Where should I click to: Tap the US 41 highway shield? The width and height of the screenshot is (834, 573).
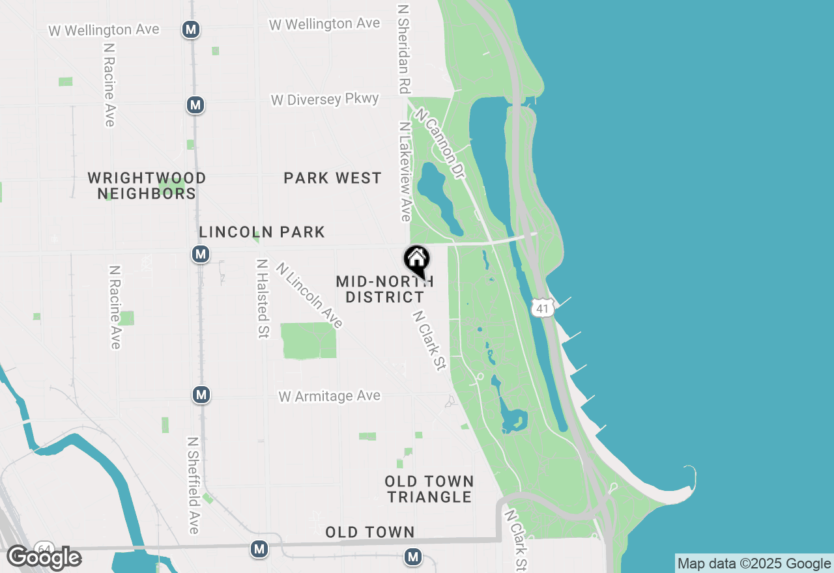(x=543, y=307)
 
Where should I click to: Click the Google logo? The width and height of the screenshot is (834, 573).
(x=44, y=558)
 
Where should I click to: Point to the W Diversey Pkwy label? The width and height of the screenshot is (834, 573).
(x=324, y=100)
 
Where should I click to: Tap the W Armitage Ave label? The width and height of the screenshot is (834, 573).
(x=329, y=396)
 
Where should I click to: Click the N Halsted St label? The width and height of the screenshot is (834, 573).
(x=263, y=299)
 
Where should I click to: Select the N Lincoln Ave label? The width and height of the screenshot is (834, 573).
(x=309, y=295)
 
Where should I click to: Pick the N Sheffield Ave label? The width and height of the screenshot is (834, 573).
(x=193, y=485)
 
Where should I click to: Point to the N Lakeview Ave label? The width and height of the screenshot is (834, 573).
(x=405, y=171)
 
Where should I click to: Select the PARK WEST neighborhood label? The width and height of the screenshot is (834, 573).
(x=332, y=178)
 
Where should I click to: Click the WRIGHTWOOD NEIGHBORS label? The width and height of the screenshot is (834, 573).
(x=147, y=186)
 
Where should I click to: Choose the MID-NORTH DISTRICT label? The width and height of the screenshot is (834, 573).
(x=384, y=289)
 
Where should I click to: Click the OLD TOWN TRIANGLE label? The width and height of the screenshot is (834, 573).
(x=429, y=489)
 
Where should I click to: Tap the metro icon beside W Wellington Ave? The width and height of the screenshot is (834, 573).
(x=191, y=29)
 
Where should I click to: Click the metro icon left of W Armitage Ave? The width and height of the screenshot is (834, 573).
(x=201, y=395)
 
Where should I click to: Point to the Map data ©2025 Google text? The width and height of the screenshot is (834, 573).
(x=754, y=564)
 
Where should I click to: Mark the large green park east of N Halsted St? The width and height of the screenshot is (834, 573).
(x=308, y=341)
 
